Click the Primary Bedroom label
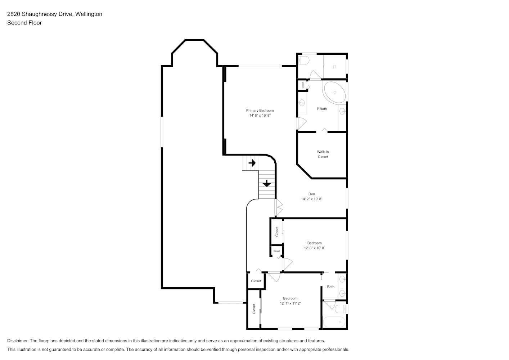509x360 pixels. click(260, 111)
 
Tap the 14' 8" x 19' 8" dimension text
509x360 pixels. click(260, 116)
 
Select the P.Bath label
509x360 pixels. click(322, 109)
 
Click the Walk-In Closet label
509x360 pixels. click(323, 154)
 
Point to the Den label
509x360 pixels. click(311, 194)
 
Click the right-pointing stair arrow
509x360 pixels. click(252, 163)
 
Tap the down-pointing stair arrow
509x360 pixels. click(267, 183)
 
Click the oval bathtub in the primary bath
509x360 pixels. click(335, 92)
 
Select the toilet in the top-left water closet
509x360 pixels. click(303, 60)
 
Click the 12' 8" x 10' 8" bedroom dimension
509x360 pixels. click(315, 248)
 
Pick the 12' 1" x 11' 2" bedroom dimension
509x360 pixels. click(290, 303)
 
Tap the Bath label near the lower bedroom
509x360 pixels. click(330, 287)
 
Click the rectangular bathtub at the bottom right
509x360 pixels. click(334, 322)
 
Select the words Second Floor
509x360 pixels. click(24, 23)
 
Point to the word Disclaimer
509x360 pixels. click(18, 341)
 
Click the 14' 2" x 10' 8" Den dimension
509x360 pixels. click(311, 199)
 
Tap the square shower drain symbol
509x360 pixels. click(334, 67)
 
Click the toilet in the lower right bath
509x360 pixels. click(341, 309)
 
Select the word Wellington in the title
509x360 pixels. click(89, 14)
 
